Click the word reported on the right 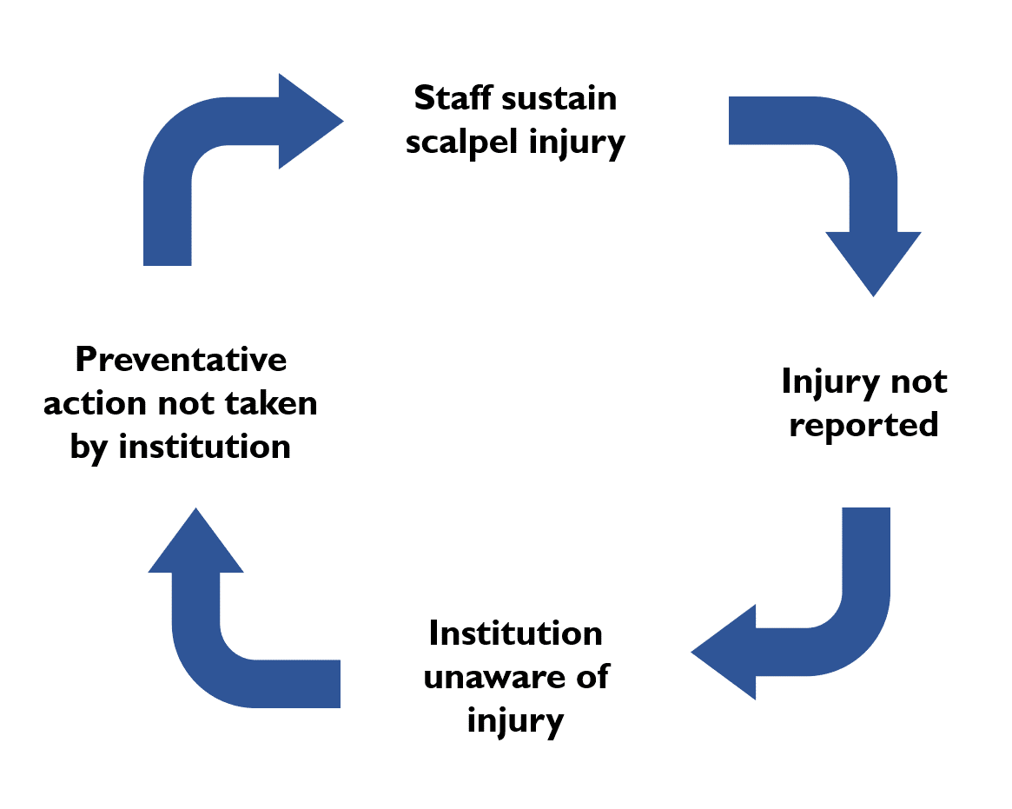coord(863,426)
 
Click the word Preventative coord(181,359)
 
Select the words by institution coord(180,447)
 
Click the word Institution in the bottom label coord(516,633)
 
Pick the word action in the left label coord(96,403)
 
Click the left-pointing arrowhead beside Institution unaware coord(724,652)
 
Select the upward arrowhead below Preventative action coord(195,542)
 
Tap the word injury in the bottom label coord(516,721)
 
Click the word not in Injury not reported coord(919,381)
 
